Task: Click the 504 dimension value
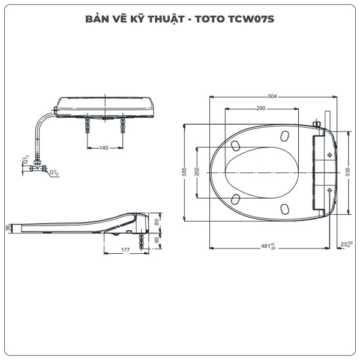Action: tap(272, 96)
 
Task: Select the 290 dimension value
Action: tap(260, 108)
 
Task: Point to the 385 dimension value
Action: tap(184, 172)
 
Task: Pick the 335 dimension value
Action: tap(347, 172)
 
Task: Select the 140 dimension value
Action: tap(105, 147)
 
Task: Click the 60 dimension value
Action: tap(157, 239)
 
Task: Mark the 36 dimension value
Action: tap(8, 227)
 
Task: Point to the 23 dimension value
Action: tap(344, 244)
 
